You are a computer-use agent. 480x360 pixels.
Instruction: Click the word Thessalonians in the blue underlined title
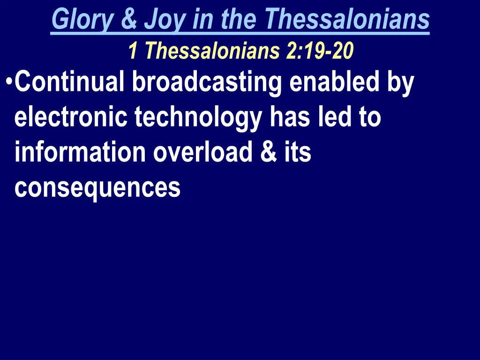(x=347, y=20)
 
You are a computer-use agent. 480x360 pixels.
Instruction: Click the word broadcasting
(x=207, y=83)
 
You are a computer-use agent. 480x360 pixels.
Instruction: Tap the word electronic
(x=71, y=117)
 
